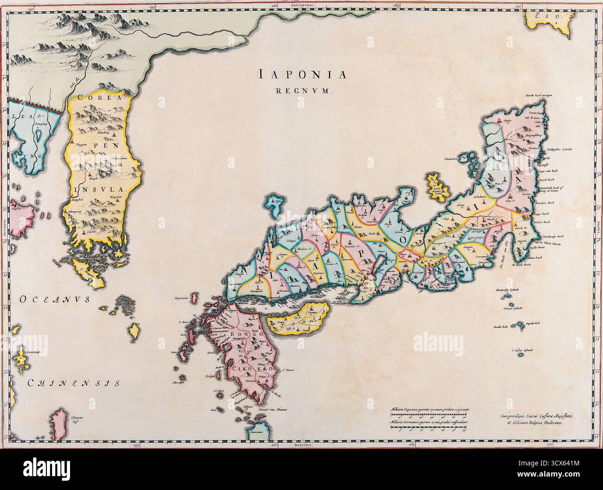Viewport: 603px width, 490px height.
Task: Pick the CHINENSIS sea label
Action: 73,383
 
